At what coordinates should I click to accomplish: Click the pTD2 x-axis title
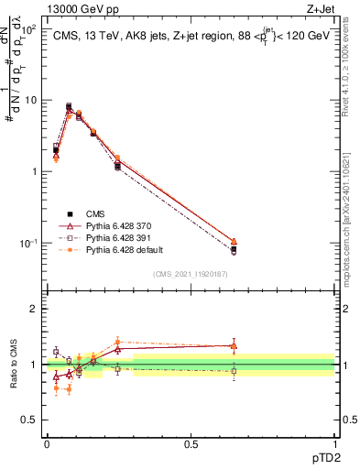[x=319, y=454]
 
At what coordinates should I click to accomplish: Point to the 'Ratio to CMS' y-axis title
[x=14, y=363]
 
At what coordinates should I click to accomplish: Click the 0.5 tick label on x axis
[x=191, y=443]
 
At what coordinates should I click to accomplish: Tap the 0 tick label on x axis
[x=47, y=443]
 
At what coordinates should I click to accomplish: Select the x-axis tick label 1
[x=334, y=443]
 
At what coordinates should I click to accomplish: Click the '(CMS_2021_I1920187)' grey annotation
[x=190, y=274]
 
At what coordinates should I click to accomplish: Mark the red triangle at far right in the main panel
[x=234, y=242]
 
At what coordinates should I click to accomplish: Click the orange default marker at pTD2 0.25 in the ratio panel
[x=117, y=342]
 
